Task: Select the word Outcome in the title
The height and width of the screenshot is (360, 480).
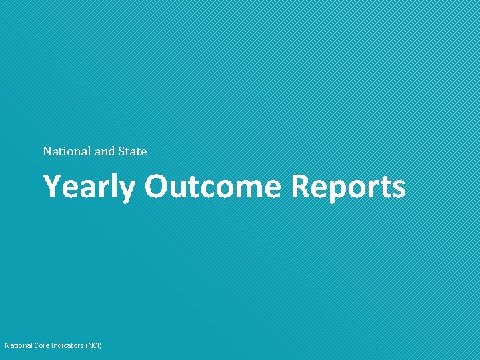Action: pos(214,186)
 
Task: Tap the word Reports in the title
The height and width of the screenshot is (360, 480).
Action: pos(348,187)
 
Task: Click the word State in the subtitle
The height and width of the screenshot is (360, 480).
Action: pos(132,151)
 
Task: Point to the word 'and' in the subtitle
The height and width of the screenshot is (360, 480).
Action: pos(105,151)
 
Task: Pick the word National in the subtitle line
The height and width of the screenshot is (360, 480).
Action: pos(67,151)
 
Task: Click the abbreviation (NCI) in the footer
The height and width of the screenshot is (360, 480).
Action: pos(94,345)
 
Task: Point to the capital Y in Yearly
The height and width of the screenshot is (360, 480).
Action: pos(53,186)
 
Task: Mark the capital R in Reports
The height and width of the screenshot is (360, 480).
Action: pos(299,186)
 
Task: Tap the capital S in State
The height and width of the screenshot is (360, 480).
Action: pos(121,151)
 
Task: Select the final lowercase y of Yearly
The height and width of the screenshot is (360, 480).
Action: pos(128,191)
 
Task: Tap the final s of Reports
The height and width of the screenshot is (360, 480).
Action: pos(398,189)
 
